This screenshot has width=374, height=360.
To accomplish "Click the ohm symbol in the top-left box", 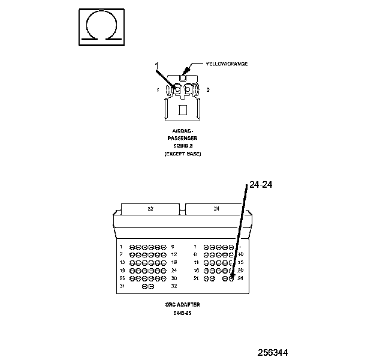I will point(102,26).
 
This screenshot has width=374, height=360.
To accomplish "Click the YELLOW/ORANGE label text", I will point(227,64).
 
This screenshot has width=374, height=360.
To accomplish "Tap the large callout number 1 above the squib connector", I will point(157,65).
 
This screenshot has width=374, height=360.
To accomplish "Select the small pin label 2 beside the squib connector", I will point(208,89).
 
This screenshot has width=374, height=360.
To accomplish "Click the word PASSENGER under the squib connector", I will point(183,138).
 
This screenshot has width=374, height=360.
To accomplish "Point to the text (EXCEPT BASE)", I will point(183,154).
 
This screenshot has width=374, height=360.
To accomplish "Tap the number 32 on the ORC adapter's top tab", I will point(150,209).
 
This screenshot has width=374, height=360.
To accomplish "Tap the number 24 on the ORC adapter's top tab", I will point(215,209).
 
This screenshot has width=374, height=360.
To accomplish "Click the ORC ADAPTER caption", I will point(183,304).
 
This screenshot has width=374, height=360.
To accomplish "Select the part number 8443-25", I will point(183,312).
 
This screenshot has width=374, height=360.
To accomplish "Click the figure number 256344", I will point(278,352).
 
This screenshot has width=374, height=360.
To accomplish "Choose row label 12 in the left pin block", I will point(174,254).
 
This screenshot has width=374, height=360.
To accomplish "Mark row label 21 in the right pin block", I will point(196,278).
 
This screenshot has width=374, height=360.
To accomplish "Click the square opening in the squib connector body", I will point(183,110).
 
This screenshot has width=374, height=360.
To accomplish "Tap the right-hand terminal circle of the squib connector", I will point(189,90).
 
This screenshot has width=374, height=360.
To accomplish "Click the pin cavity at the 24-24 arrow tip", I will point(231,278).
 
